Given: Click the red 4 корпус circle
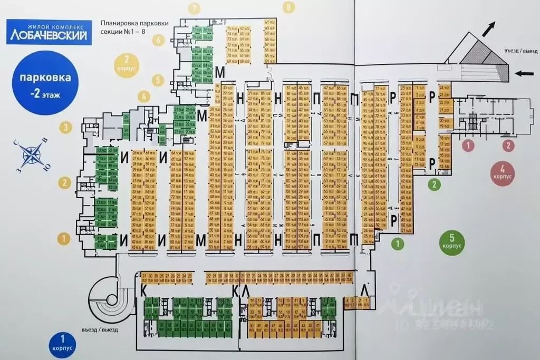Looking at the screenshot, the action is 503,173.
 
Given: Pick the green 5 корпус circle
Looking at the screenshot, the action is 452,242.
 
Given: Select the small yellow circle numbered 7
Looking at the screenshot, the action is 196,7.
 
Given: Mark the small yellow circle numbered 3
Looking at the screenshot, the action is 65,127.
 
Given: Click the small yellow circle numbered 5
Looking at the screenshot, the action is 157,80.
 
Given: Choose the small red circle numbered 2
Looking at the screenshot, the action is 508,144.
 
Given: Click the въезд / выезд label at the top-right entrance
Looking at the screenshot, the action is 521,51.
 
